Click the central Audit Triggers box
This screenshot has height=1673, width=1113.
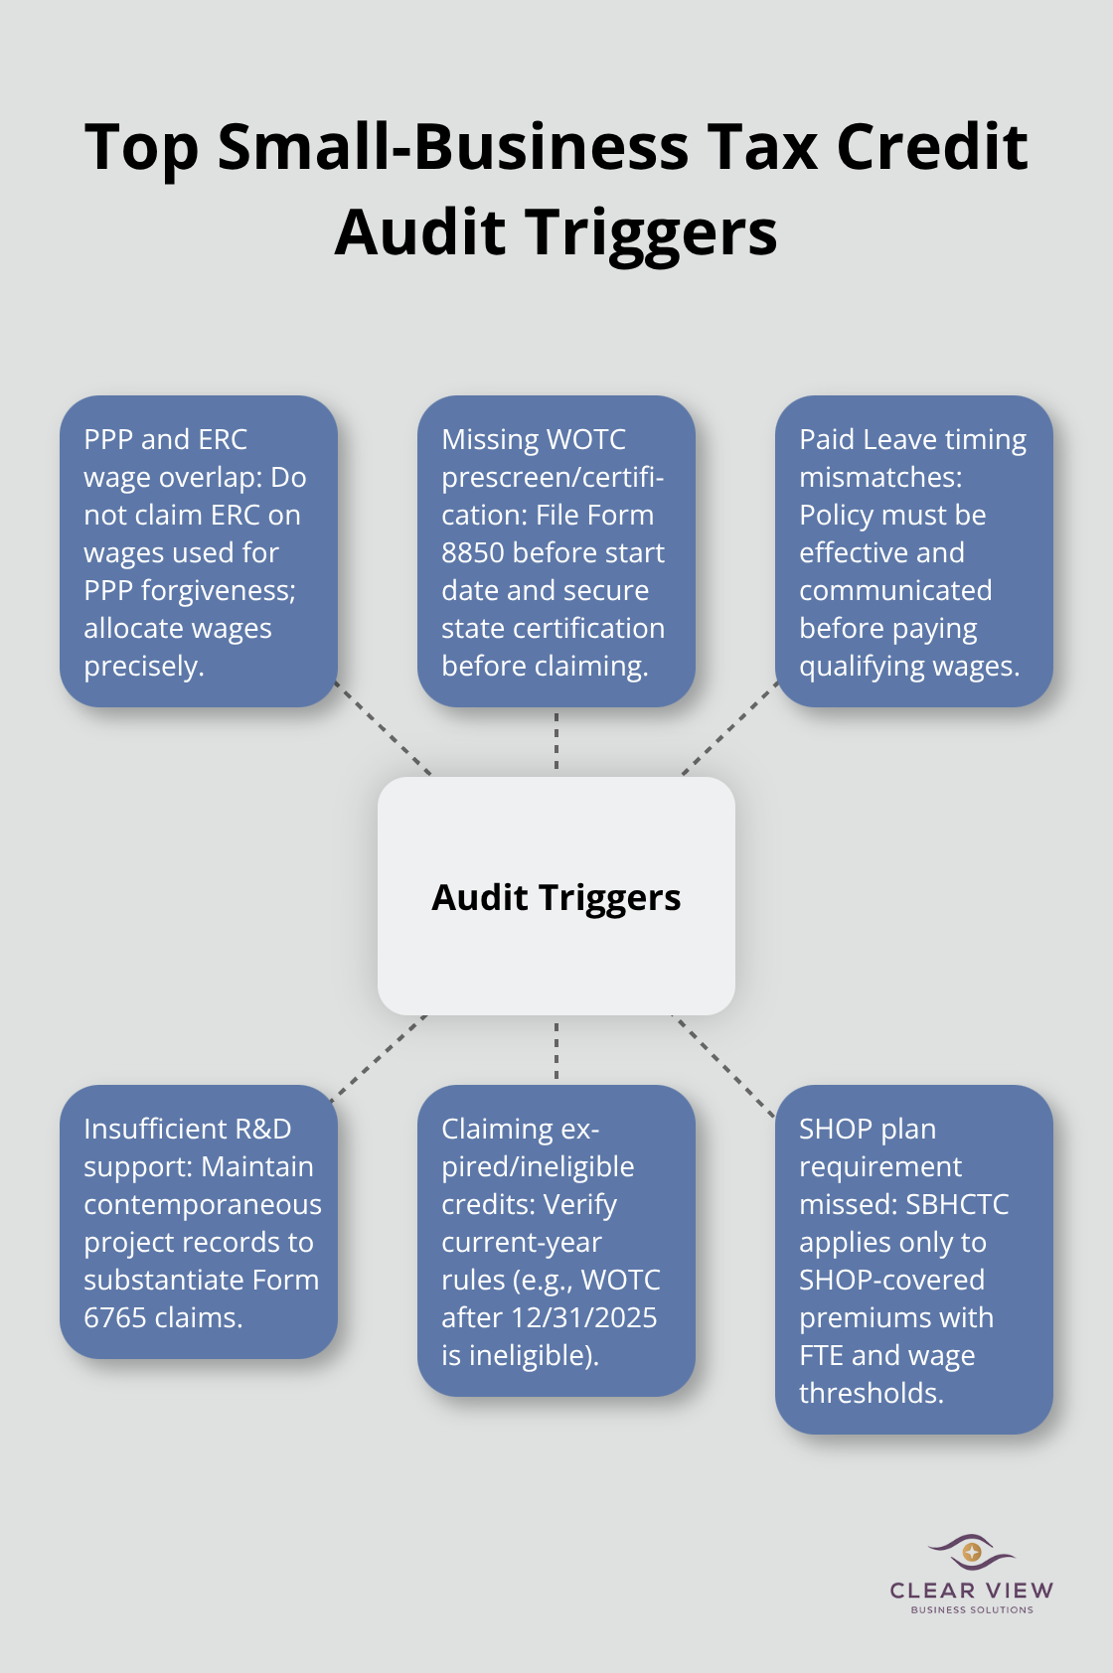[x=556, y=896]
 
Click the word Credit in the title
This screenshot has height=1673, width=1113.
[x=931, y=147]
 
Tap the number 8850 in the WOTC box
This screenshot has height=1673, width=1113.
[x=473, y=552]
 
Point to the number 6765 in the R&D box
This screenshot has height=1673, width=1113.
[x=114, y=1317]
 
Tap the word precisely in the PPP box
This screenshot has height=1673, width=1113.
[x=143, y=666]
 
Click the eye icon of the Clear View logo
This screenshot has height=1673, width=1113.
[x=971, y=1551]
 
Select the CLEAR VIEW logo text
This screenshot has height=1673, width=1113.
[x=971, y=1591]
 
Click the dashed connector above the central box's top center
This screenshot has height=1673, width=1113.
[x=556, y=742]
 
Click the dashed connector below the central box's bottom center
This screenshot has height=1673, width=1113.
[x=556, y=1050]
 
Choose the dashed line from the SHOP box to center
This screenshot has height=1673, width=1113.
[x=724, y=1066]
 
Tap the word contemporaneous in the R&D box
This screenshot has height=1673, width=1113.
[x=203, y=1204]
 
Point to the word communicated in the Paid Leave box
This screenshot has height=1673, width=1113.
[x=895, y=590]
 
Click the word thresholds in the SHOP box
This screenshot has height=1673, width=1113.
[x=871, y=1393]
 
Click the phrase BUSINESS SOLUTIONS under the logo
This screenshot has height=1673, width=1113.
[x=971, y=1609]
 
